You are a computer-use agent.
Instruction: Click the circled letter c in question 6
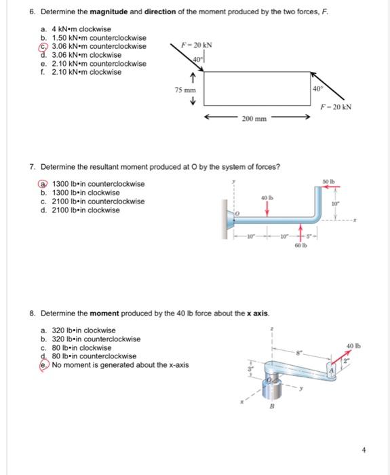[x=43, y=47]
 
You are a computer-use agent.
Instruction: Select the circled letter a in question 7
[x=43, y=184]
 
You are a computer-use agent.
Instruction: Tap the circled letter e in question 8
[x=43, y=365]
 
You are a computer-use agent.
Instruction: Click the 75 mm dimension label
[x=185, y=90]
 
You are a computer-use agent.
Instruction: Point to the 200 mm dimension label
[x=254, y=119]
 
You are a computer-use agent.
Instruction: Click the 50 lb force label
[x=328, y=182]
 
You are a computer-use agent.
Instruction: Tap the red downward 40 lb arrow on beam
[x=267, y=209]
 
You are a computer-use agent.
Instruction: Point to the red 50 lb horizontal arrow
[x=331, y=187]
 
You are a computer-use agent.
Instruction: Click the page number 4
[x=364, y=450]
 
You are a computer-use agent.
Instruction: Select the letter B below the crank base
[x=271, y=406]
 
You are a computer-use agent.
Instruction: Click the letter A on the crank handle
[x=331, y=370]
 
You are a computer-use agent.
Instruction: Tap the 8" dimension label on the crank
[x=299, y=353]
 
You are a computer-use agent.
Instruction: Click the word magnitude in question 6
[x=109, y=12]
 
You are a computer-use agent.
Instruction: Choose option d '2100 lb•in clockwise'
[x=80, y=210]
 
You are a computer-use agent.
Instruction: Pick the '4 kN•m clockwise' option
[x=76, y=29]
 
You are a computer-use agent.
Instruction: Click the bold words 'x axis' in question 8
[x=258, y=313]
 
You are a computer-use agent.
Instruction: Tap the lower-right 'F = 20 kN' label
[x=336, y=107]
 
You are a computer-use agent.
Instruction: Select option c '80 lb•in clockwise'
[x=76, y=347]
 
